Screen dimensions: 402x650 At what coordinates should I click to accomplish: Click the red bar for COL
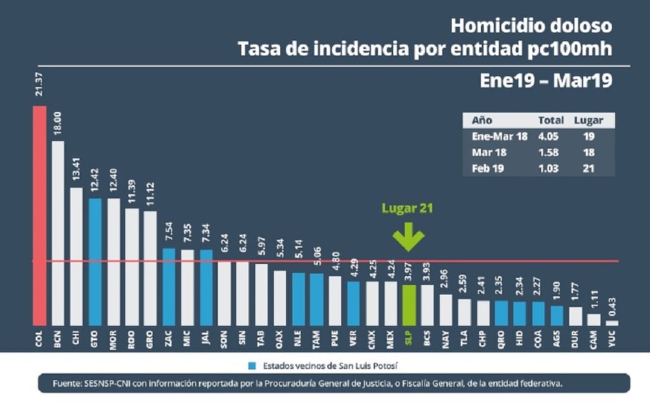point(40,215)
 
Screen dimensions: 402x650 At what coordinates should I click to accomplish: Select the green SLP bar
point(409,305)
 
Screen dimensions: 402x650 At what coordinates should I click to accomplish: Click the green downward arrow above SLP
point(409,237)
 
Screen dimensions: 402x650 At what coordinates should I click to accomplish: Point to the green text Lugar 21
point(408,209)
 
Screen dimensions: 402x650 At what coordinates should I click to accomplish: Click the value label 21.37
point(40,87)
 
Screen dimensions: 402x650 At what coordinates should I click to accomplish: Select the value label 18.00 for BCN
point(58,124)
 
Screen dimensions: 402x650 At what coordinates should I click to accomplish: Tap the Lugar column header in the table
point(588,120)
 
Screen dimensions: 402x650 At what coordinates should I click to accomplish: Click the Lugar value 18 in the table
point(588,152)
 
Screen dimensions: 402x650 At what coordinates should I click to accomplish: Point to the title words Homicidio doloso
point(531,26)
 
